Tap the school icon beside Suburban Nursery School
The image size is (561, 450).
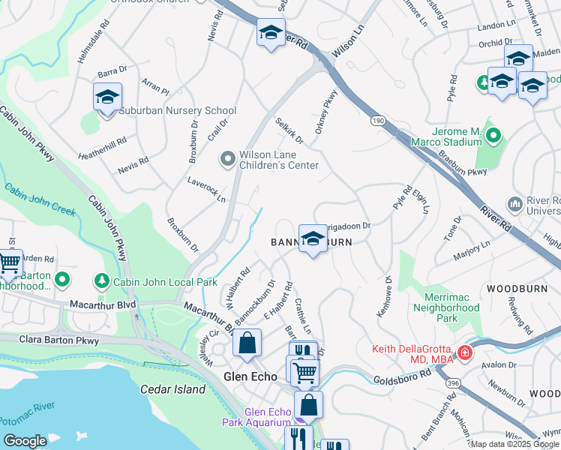click(x=107, y=97)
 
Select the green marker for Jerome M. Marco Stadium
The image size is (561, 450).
click(x=493, y=136)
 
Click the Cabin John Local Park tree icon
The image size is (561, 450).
click(x=101, y=280)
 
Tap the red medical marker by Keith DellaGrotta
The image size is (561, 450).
click(x=466, y=352)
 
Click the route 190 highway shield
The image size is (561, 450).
click(x=376, y=120)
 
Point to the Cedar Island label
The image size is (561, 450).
click(x=172, y=389)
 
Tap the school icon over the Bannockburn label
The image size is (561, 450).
click(x=313, y=239)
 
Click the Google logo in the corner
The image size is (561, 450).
click(x=25, y=441)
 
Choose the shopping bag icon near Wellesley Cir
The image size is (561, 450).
click(x=247, y=343)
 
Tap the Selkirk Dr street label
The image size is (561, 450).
click(x=289, y=130)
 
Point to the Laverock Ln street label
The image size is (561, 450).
click(x=206, y=190)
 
